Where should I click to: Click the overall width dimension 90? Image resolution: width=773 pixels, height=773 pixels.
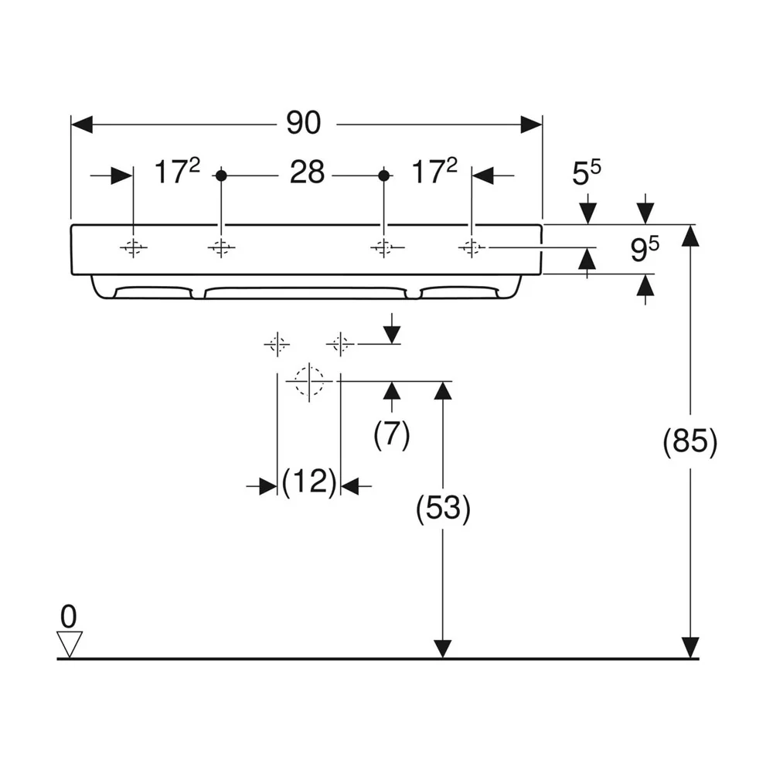(304, 123)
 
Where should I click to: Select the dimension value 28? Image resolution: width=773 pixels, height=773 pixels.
(307, 172)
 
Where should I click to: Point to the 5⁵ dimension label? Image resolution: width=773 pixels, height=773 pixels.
(587, 172)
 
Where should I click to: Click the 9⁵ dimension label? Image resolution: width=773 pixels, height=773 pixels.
(645, 248)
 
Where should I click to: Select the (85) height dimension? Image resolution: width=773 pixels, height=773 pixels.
(690, 441)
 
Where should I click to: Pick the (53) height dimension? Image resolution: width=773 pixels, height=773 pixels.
(443, 509)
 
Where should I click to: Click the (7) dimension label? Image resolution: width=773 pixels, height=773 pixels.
(391, 434)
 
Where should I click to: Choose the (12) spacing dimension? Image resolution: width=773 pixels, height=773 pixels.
(309, 482)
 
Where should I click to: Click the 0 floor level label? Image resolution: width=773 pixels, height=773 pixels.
(69, 616)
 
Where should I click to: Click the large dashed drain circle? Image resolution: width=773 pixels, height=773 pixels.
(309, 381)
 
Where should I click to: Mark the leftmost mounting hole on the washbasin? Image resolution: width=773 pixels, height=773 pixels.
(134, 247)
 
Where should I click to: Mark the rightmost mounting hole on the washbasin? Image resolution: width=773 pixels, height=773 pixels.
(472, 247)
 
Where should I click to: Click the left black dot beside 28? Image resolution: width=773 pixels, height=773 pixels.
(221, 175)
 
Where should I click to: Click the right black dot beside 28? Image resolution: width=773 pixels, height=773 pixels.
(384, 175)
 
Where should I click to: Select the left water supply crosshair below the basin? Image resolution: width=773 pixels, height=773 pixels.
(277, 344)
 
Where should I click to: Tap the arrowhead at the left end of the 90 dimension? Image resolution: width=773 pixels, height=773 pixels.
(82, 124)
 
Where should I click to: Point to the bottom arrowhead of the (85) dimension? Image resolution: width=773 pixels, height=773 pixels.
(690, 648)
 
